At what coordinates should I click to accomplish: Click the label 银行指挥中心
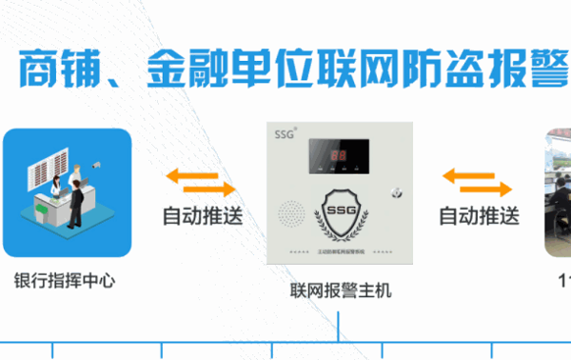tap(66, 281)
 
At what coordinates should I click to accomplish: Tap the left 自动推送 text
tap(202, 216)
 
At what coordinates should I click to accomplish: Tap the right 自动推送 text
tap(479, 216)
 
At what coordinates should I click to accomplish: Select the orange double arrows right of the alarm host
tap(478, 179)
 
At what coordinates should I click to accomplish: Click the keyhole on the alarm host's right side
tap(395, 197)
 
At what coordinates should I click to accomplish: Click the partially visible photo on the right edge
tap(558, 194)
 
